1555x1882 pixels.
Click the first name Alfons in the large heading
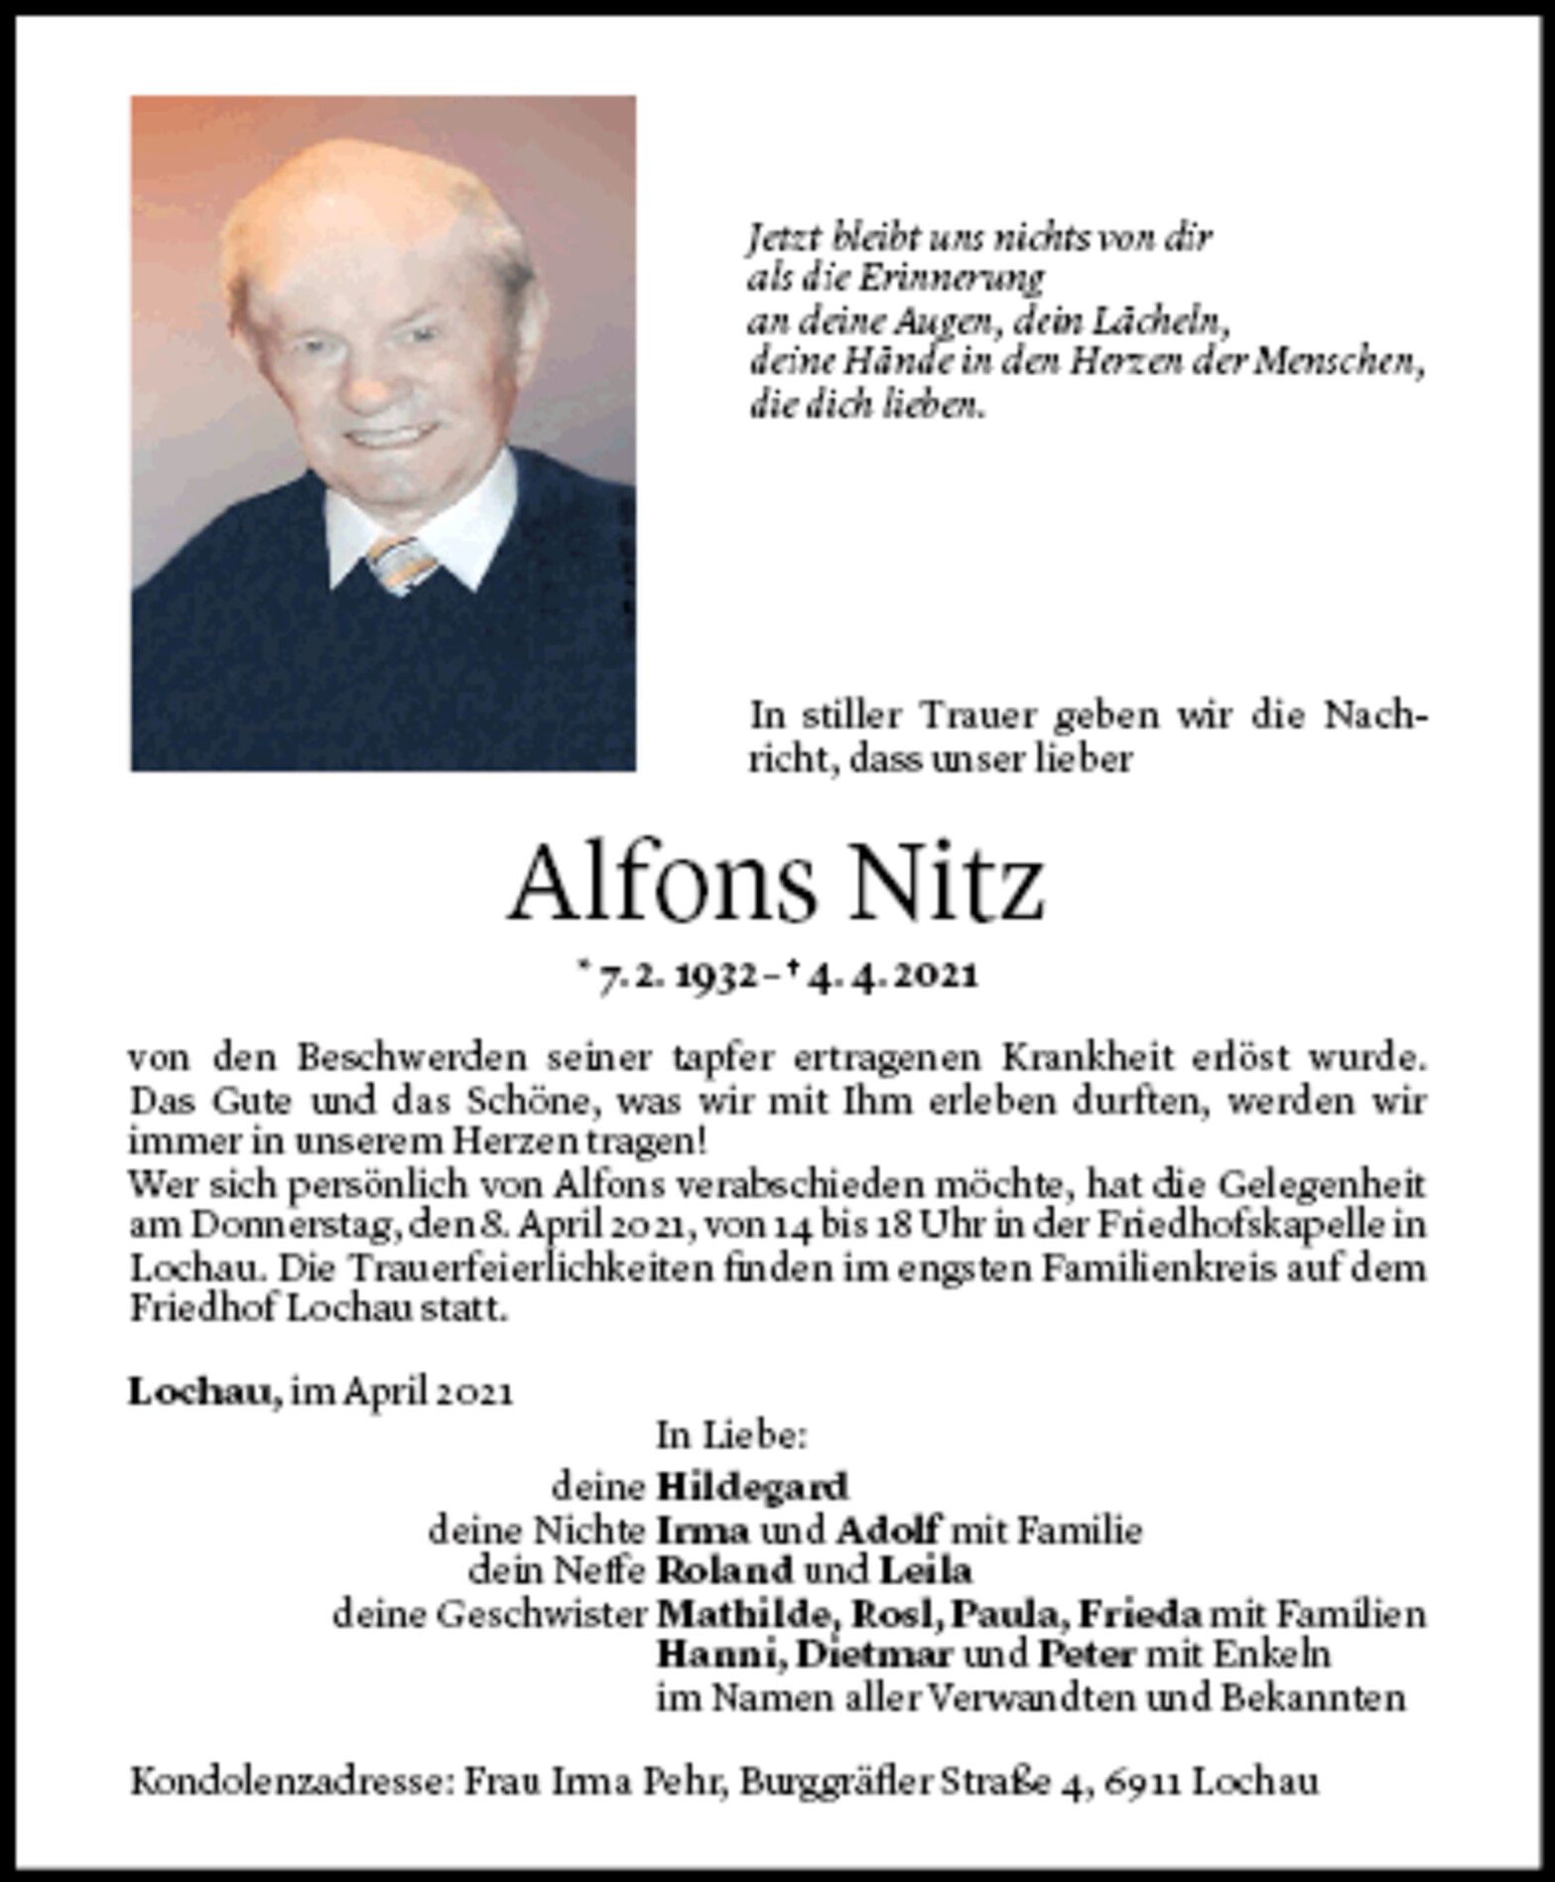click(x=664, y=882)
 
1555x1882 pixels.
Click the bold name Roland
click(x=726, y=1571)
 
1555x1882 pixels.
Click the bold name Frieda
click(x=1141, y=1614)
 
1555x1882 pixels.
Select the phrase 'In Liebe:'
click(x=732, y=1435)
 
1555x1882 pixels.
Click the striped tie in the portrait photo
click(x=402, y=563)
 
